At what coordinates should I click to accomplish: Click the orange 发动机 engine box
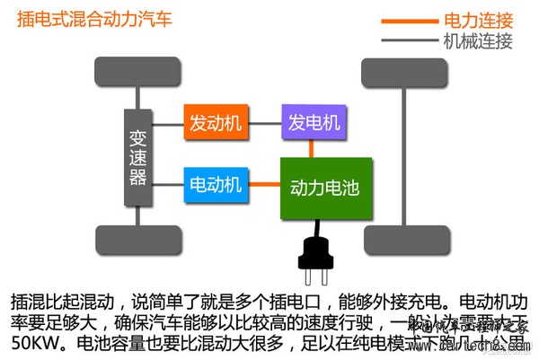coord(215,123)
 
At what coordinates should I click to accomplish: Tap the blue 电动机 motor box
coord(215,184)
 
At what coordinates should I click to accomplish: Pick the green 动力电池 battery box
coord(324,189)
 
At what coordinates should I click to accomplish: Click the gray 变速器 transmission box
coord(137,156)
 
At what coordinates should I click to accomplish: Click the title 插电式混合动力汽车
coord(94,18)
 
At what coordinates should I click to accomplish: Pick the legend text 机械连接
coord(478,40)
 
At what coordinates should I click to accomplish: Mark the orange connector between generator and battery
coord(311,148)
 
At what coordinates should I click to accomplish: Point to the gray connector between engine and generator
coord(263,123)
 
